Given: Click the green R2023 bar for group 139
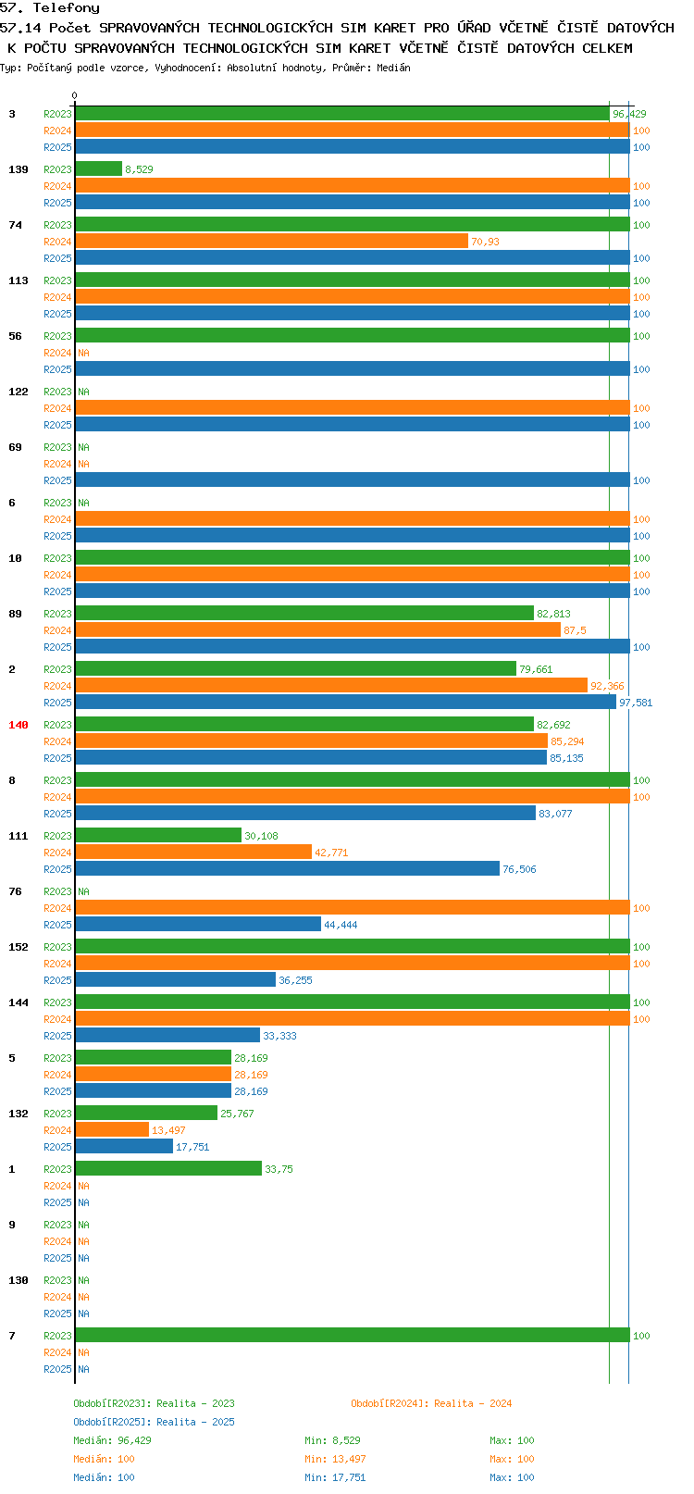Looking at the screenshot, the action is (99, 168).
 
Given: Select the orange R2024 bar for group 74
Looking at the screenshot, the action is (271, 241).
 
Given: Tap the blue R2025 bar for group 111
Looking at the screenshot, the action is (288, 868).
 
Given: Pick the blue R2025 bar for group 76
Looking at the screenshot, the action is (198, 924).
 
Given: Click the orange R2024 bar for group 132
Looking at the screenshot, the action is (112, 1129).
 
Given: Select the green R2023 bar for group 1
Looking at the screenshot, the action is (168, 1168).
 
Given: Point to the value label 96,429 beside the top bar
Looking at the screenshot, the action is (629, 114).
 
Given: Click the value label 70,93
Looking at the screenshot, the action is (485, 242).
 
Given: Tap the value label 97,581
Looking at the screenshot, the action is (636, 703).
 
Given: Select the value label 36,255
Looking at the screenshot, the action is (295, 979).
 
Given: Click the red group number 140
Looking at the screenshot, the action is (18, 725).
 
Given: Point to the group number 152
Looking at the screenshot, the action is (18, 946).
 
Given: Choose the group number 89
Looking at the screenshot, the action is (15, 614).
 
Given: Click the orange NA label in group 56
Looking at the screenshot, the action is (83, 353).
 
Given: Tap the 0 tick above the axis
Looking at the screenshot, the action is (74, 95).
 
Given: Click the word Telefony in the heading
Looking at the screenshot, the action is (66, 8).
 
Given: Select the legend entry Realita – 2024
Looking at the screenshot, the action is (473, 1402).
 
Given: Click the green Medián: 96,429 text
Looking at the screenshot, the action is (112, 1440).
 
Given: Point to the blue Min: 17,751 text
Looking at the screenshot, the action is (335, 1477).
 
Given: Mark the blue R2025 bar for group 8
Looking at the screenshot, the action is (305, 813).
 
